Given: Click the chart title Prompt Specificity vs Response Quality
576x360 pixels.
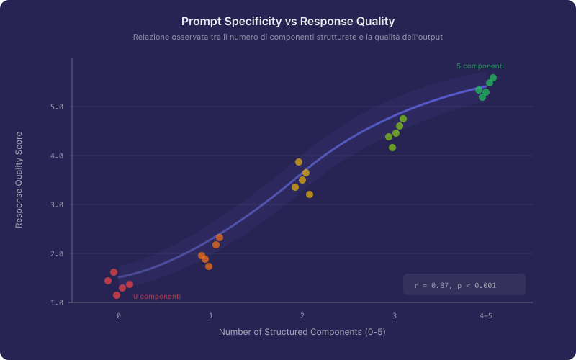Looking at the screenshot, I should coord(288,22).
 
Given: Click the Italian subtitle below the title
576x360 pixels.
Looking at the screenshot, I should coord(288,37).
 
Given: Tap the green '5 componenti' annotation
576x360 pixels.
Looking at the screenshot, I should coord(480,66).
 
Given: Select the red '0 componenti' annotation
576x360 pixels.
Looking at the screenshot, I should coord(156,297).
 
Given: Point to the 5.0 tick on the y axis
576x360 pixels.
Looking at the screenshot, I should coord(57,107).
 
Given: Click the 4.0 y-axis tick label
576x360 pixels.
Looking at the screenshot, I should coord(57,156).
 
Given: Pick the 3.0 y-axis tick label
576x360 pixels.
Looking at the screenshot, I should coord(57,204).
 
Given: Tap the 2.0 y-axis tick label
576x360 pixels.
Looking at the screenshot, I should coord(57,253).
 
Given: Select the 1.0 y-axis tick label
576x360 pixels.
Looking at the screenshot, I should coord(57,302).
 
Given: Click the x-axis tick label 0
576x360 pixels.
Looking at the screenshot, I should coord(119,316).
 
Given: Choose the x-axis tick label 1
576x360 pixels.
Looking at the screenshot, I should coord(211,316).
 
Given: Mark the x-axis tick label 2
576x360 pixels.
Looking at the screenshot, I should coord(302,316).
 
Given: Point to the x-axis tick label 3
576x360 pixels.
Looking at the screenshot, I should coord(395,316).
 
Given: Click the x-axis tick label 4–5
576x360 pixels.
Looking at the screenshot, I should coord(486,316).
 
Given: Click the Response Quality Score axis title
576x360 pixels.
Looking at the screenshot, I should coord(19,180).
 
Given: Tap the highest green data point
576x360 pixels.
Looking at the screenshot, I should coord(493,78).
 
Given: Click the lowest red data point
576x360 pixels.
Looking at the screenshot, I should coord(117,295).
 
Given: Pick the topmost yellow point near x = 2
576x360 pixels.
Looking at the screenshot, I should coord(299,162).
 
